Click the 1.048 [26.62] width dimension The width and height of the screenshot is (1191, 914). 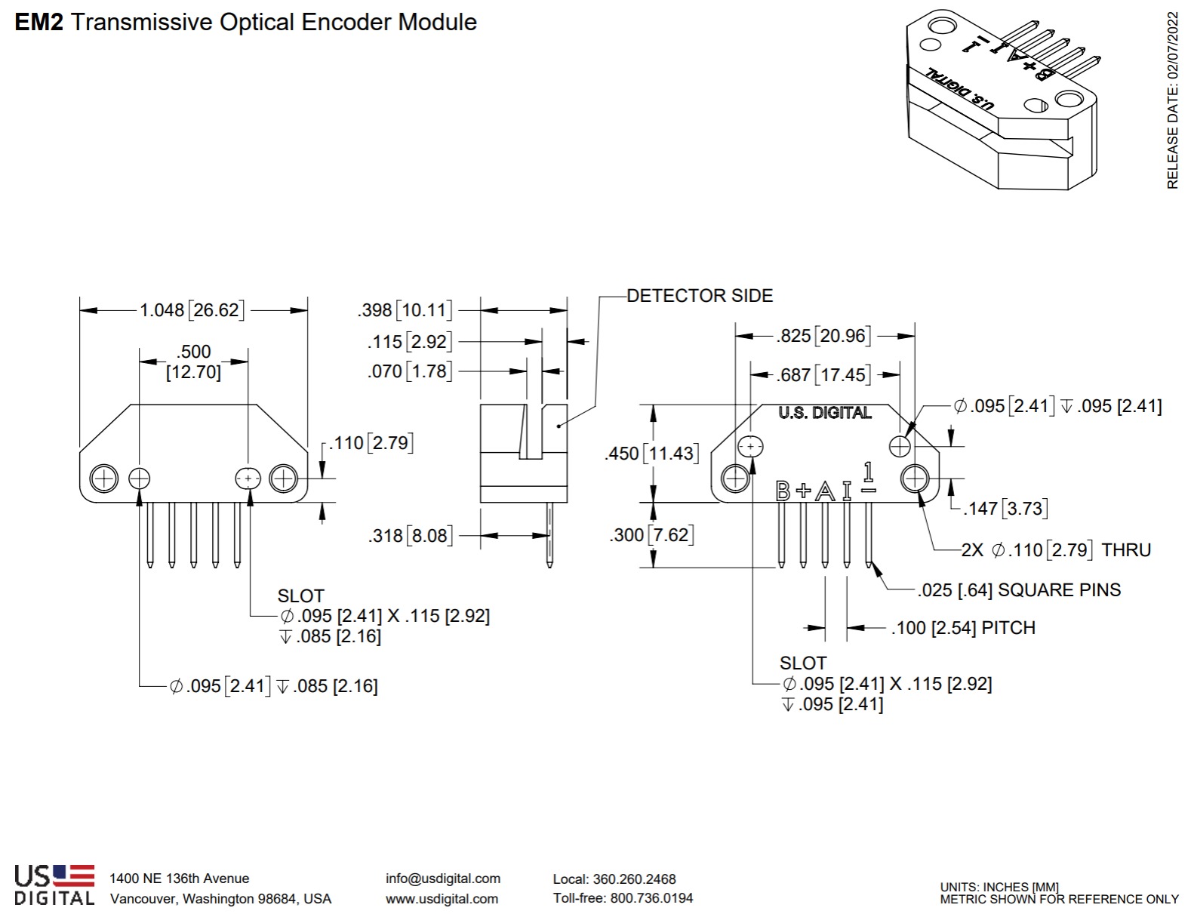[192, 310]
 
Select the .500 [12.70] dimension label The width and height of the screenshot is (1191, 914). [194, 362]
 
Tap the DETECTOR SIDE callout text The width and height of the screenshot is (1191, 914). [700, 296]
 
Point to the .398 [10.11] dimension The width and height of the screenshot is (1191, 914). [405, 310]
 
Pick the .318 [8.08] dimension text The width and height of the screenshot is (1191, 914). [411, 536]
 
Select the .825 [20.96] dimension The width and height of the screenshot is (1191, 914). [823, 336]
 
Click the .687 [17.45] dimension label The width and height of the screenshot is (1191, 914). [823, 374]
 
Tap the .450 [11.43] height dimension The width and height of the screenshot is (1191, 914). [651, 454]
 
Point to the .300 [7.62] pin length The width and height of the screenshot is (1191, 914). [651, 535]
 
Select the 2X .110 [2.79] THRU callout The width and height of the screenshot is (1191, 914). [1056, 550]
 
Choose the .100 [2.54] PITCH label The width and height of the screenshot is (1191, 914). [963, 628]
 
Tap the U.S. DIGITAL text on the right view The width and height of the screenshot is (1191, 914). [825, 413]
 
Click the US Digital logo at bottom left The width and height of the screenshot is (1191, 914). [54, 885]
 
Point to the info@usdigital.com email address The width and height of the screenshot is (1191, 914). [443, 879]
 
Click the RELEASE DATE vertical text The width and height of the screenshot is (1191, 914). [1172, 100]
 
